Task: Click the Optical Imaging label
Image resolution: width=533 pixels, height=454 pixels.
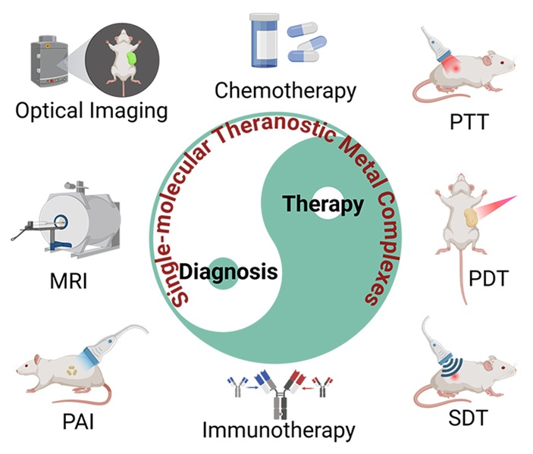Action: pos(91,111)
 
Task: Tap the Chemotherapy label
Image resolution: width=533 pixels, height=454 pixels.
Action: pos(285,91)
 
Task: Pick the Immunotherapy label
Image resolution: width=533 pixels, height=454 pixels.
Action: pos(278,430)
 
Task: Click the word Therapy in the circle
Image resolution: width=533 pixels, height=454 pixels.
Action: pos(322,204)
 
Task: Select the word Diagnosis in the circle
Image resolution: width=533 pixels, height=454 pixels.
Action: pos(227,271)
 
